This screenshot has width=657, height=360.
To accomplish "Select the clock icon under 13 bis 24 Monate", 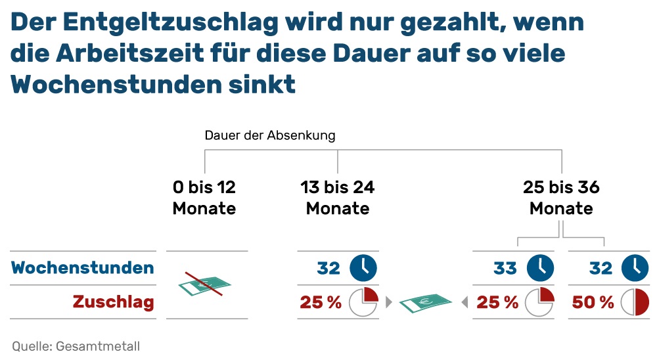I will [x=363, y=268].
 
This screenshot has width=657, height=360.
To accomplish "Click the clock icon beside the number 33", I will [x=541, y=268].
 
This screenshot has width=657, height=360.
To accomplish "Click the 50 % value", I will [x=593, y=302].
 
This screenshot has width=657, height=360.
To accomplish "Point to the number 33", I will [x=506, y=268].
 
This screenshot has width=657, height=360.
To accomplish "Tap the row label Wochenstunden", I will [x=83, y=268].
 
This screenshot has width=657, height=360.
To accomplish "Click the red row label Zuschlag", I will [x=113, y=302].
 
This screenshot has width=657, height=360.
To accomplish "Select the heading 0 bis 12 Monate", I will [x=204, y=198].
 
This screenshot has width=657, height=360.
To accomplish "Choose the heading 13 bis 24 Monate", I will [x=338, y=198].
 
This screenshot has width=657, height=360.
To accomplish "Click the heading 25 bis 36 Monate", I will [x=561, y=198].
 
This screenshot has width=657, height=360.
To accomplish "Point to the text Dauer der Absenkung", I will [x=270, y=136].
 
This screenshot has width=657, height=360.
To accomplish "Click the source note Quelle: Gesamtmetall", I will [x=76, y=346].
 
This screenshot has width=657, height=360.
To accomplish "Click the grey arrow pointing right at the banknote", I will [x=388, y=302].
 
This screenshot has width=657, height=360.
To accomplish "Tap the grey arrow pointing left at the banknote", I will [x=464, y=302].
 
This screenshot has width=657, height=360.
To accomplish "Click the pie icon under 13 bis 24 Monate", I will [x=363, y=302].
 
